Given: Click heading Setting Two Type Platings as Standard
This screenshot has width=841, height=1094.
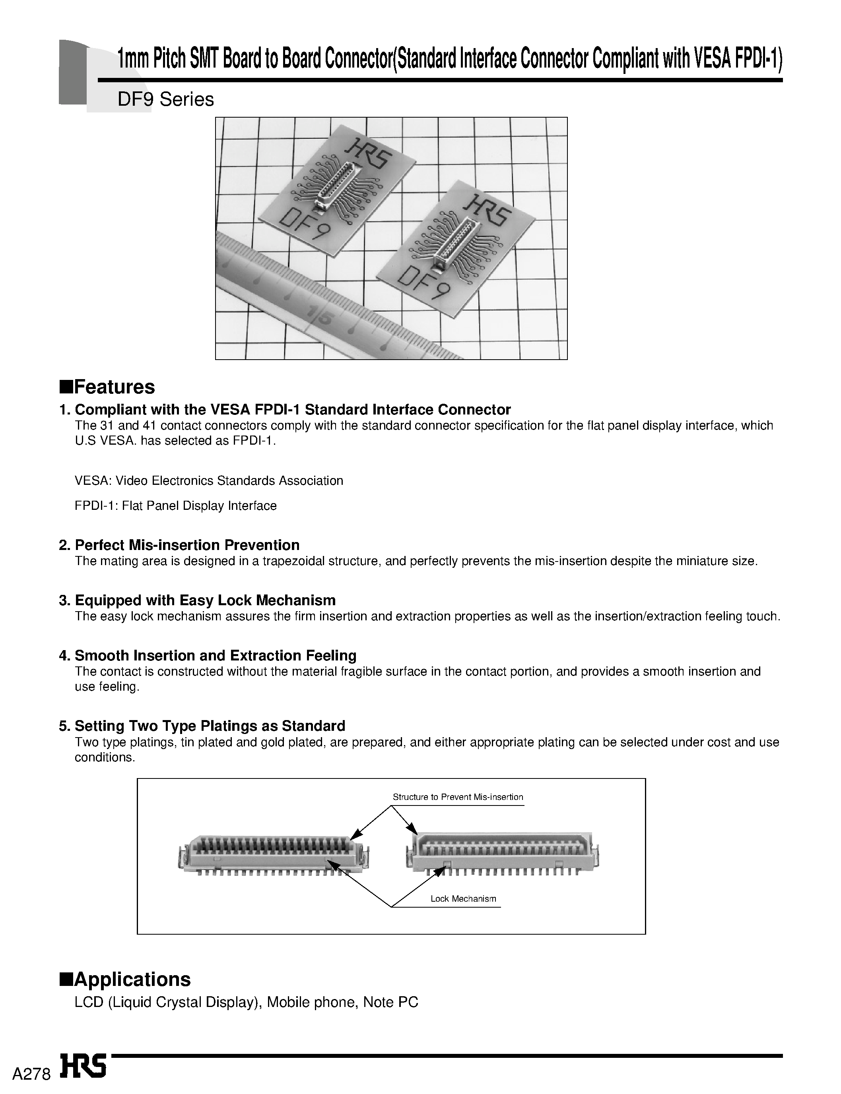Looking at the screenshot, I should [x=202, y=726].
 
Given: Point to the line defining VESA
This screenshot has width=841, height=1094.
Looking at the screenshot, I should [x=209, y=481].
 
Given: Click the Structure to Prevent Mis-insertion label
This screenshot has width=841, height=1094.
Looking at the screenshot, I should [x=458, y=797].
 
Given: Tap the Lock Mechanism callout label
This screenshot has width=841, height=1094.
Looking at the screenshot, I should [x=463, y=899].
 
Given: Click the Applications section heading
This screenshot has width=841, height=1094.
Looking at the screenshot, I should [x=125, y=979].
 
